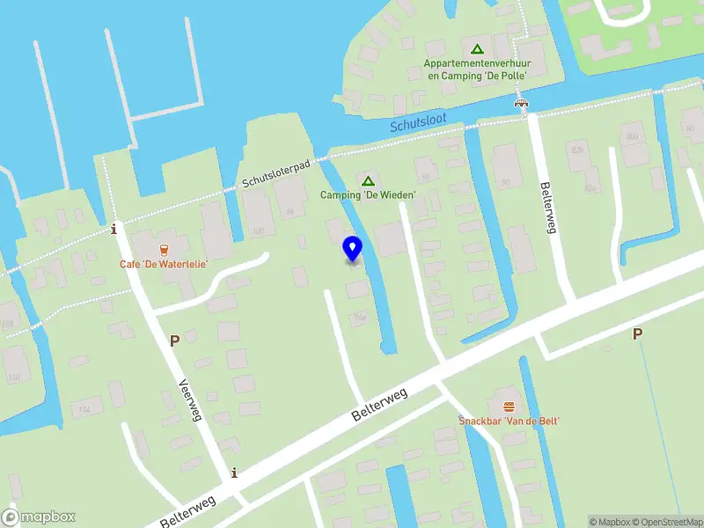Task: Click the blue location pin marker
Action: coord(352,249)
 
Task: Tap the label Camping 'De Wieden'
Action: coord(368,195)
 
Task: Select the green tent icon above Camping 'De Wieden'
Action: coord(368,180)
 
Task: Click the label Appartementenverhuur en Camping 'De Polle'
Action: coord(475,70)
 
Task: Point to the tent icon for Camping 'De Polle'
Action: coord(476,49)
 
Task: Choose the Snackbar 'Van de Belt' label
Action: coord(509,422)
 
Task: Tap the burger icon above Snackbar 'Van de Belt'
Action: coord(509,406)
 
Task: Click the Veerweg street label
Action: coord(187,400)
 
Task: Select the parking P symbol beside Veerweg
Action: coord(174,340)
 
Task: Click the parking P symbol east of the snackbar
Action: coord(638,334)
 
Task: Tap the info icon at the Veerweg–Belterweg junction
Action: coord(233,473)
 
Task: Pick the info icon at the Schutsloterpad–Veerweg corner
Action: coord(114,230)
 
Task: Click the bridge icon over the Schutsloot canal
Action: coord(522,104)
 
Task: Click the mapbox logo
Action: coord(39,517)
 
